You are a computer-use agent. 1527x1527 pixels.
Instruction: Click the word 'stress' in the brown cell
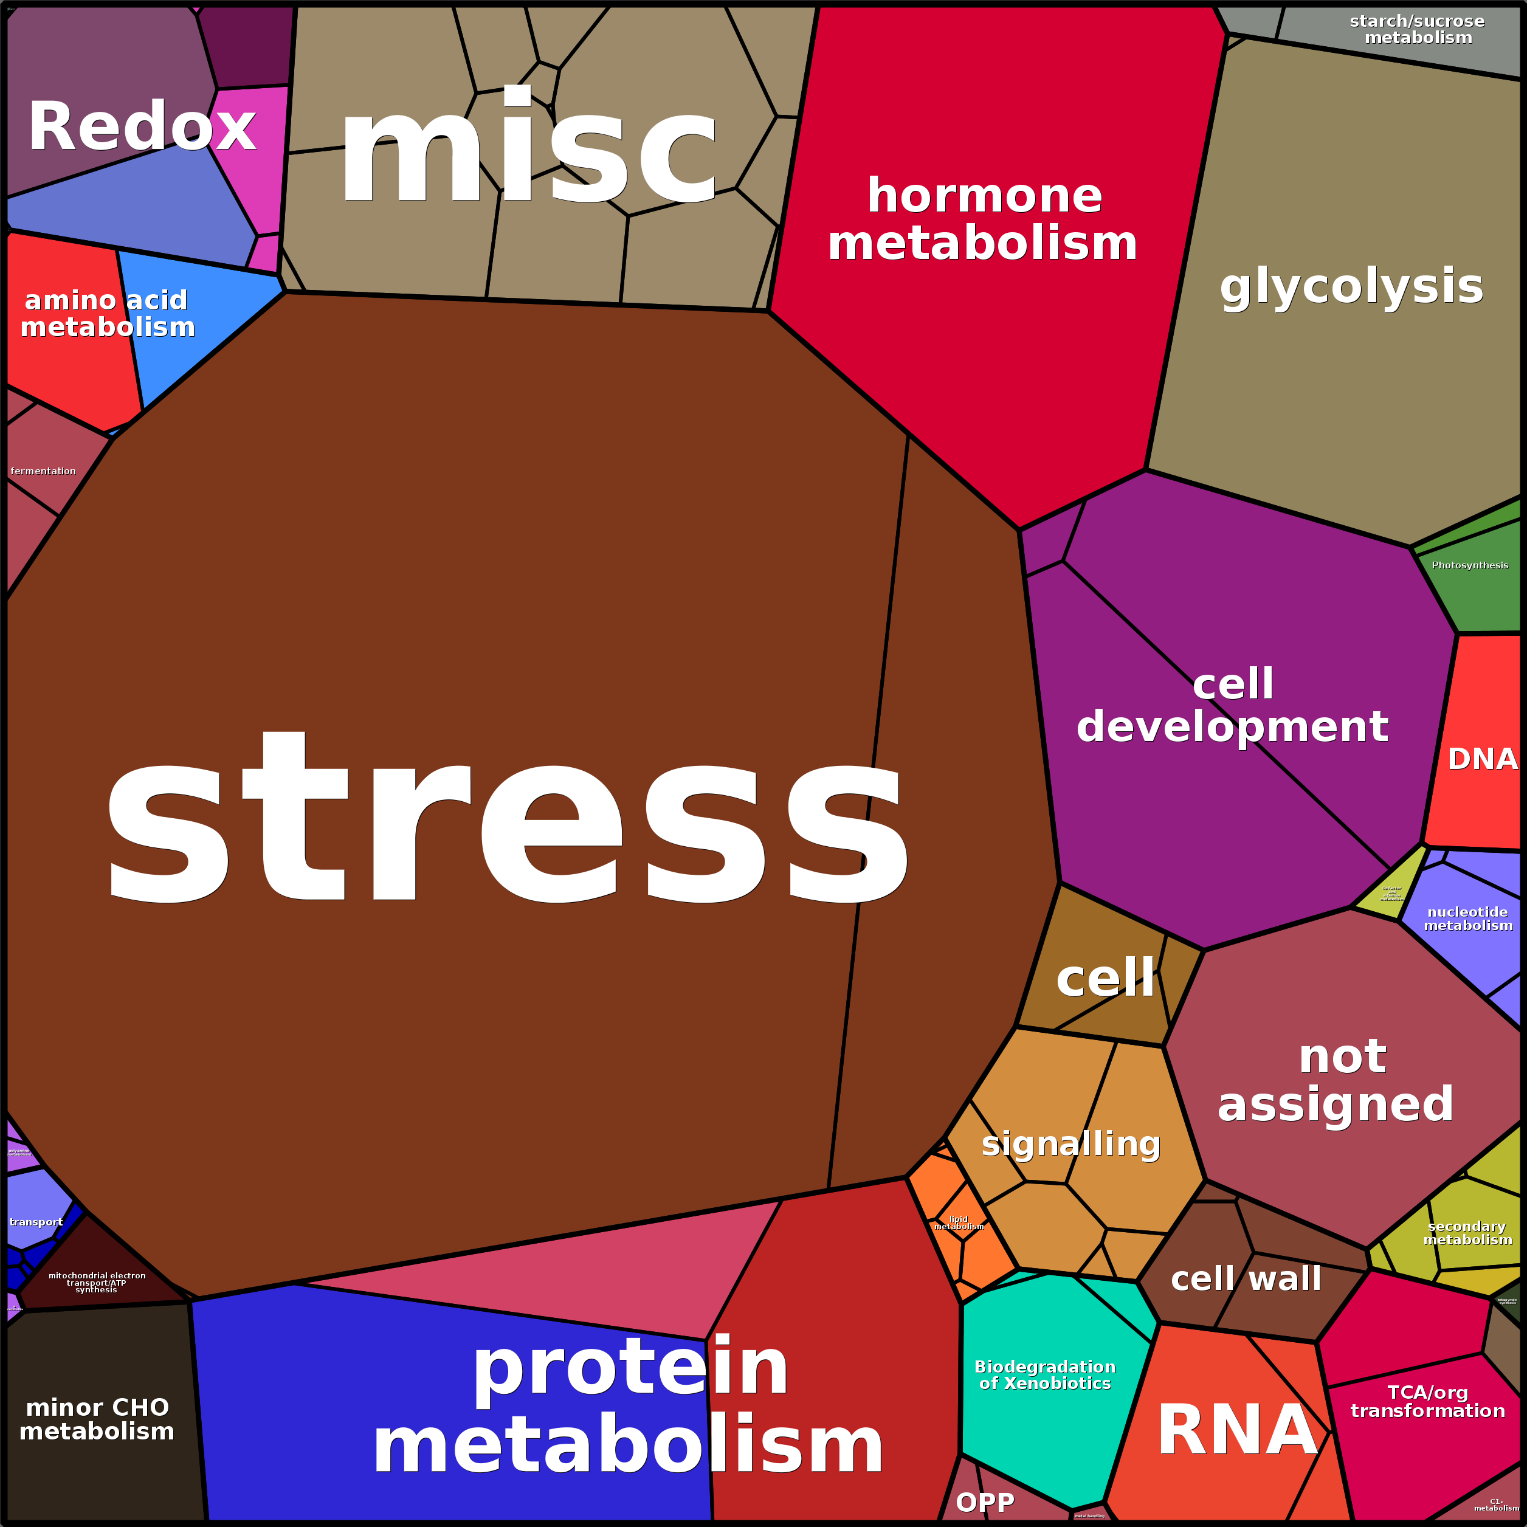(x=506, y=818)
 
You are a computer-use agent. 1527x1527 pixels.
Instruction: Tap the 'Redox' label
(x=142, y=126)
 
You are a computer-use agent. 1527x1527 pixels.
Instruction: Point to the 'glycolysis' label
(x=1351, y=286)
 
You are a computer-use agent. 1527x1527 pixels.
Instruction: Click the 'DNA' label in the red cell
(x=1482, y=759)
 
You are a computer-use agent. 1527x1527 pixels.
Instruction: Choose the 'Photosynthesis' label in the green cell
(x=1469, y=565)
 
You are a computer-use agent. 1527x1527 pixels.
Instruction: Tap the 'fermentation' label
(x=44, y=471)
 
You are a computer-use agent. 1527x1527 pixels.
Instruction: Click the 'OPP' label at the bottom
(x=985, y=1501)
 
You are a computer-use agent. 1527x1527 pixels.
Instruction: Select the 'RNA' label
(x=1237, y=1429)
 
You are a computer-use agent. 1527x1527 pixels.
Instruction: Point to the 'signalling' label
(x=1071, y=1143)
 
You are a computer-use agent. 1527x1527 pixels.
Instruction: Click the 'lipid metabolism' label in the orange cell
(x=959, y=1222)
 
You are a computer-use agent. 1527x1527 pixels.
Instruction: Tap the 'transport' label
(x=36, y=1222)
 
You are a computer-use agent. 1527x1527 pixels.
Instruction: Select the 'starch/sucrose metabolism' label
(x=1417, y=29)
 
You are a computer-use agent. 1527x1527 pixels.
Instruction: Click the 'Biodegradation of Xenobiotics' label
(x=1045, y=1374)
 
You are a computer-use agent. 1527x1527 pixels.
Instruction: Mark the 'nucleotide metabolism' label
(x=1467, y=919)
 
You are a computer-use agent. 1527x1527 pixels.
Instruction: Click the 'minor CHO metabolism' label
(x=97, y=1419)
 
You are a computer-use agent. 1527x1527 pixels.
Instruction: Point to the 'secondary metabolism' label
(x=1467, y=1232)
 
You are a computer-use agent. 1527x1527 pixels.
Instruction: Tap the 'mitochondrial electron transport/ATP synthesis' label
(x=97, y=1282)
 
